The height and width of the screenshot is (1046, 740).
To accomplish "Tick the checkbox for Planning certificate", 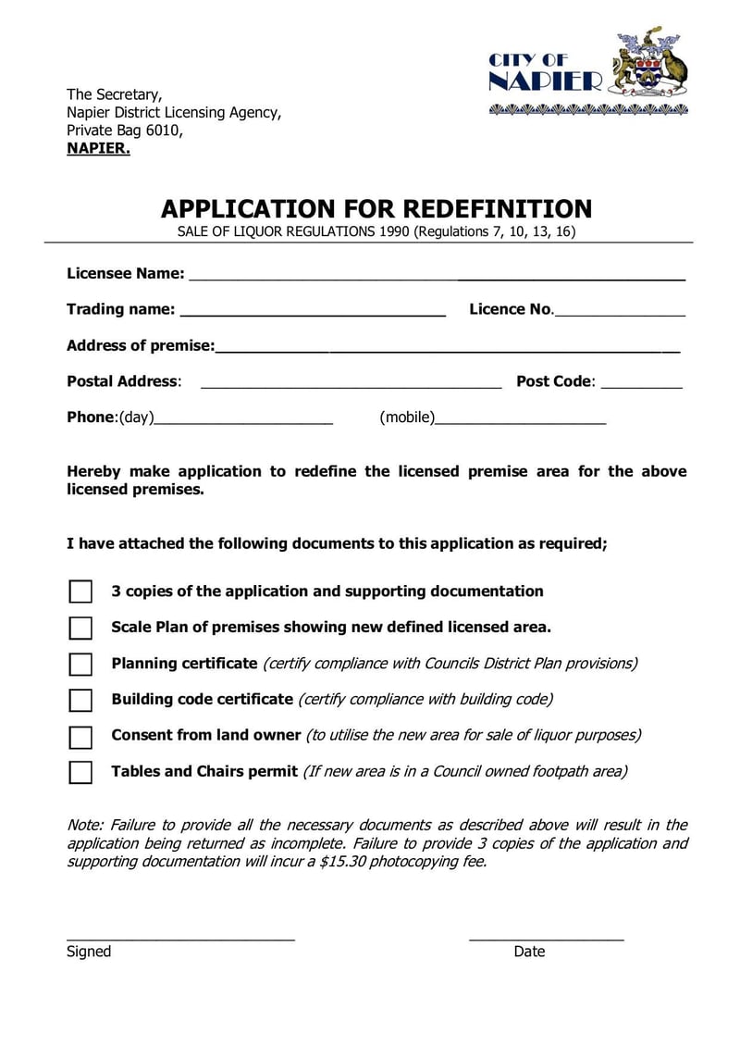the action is [80, 665].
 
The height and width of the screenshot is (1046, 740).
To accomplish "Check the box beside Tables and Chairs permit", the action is [80, 773].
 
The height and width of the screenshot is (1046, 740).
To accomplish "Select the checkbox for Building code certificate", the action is [80, 701].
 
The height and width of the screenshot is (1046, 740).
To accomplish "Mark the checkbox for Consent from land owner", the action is [80, 737].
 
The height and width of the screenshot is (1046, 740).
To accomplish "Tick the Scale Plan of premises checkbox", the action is [80, 629].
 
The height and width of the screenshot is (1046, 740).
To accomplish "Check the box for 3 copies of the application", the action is [80, 592].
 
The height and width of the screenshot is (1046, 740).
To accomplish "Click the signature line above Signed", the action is [180, 938].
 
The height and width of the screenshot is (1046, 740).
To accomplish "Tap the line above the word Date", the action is [546, 938].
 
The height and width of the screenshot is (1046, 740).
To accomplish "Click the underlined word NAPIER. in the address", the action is [98, 148].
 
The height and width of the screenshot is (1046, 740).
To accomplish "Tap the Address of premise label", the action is [140, 346].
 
